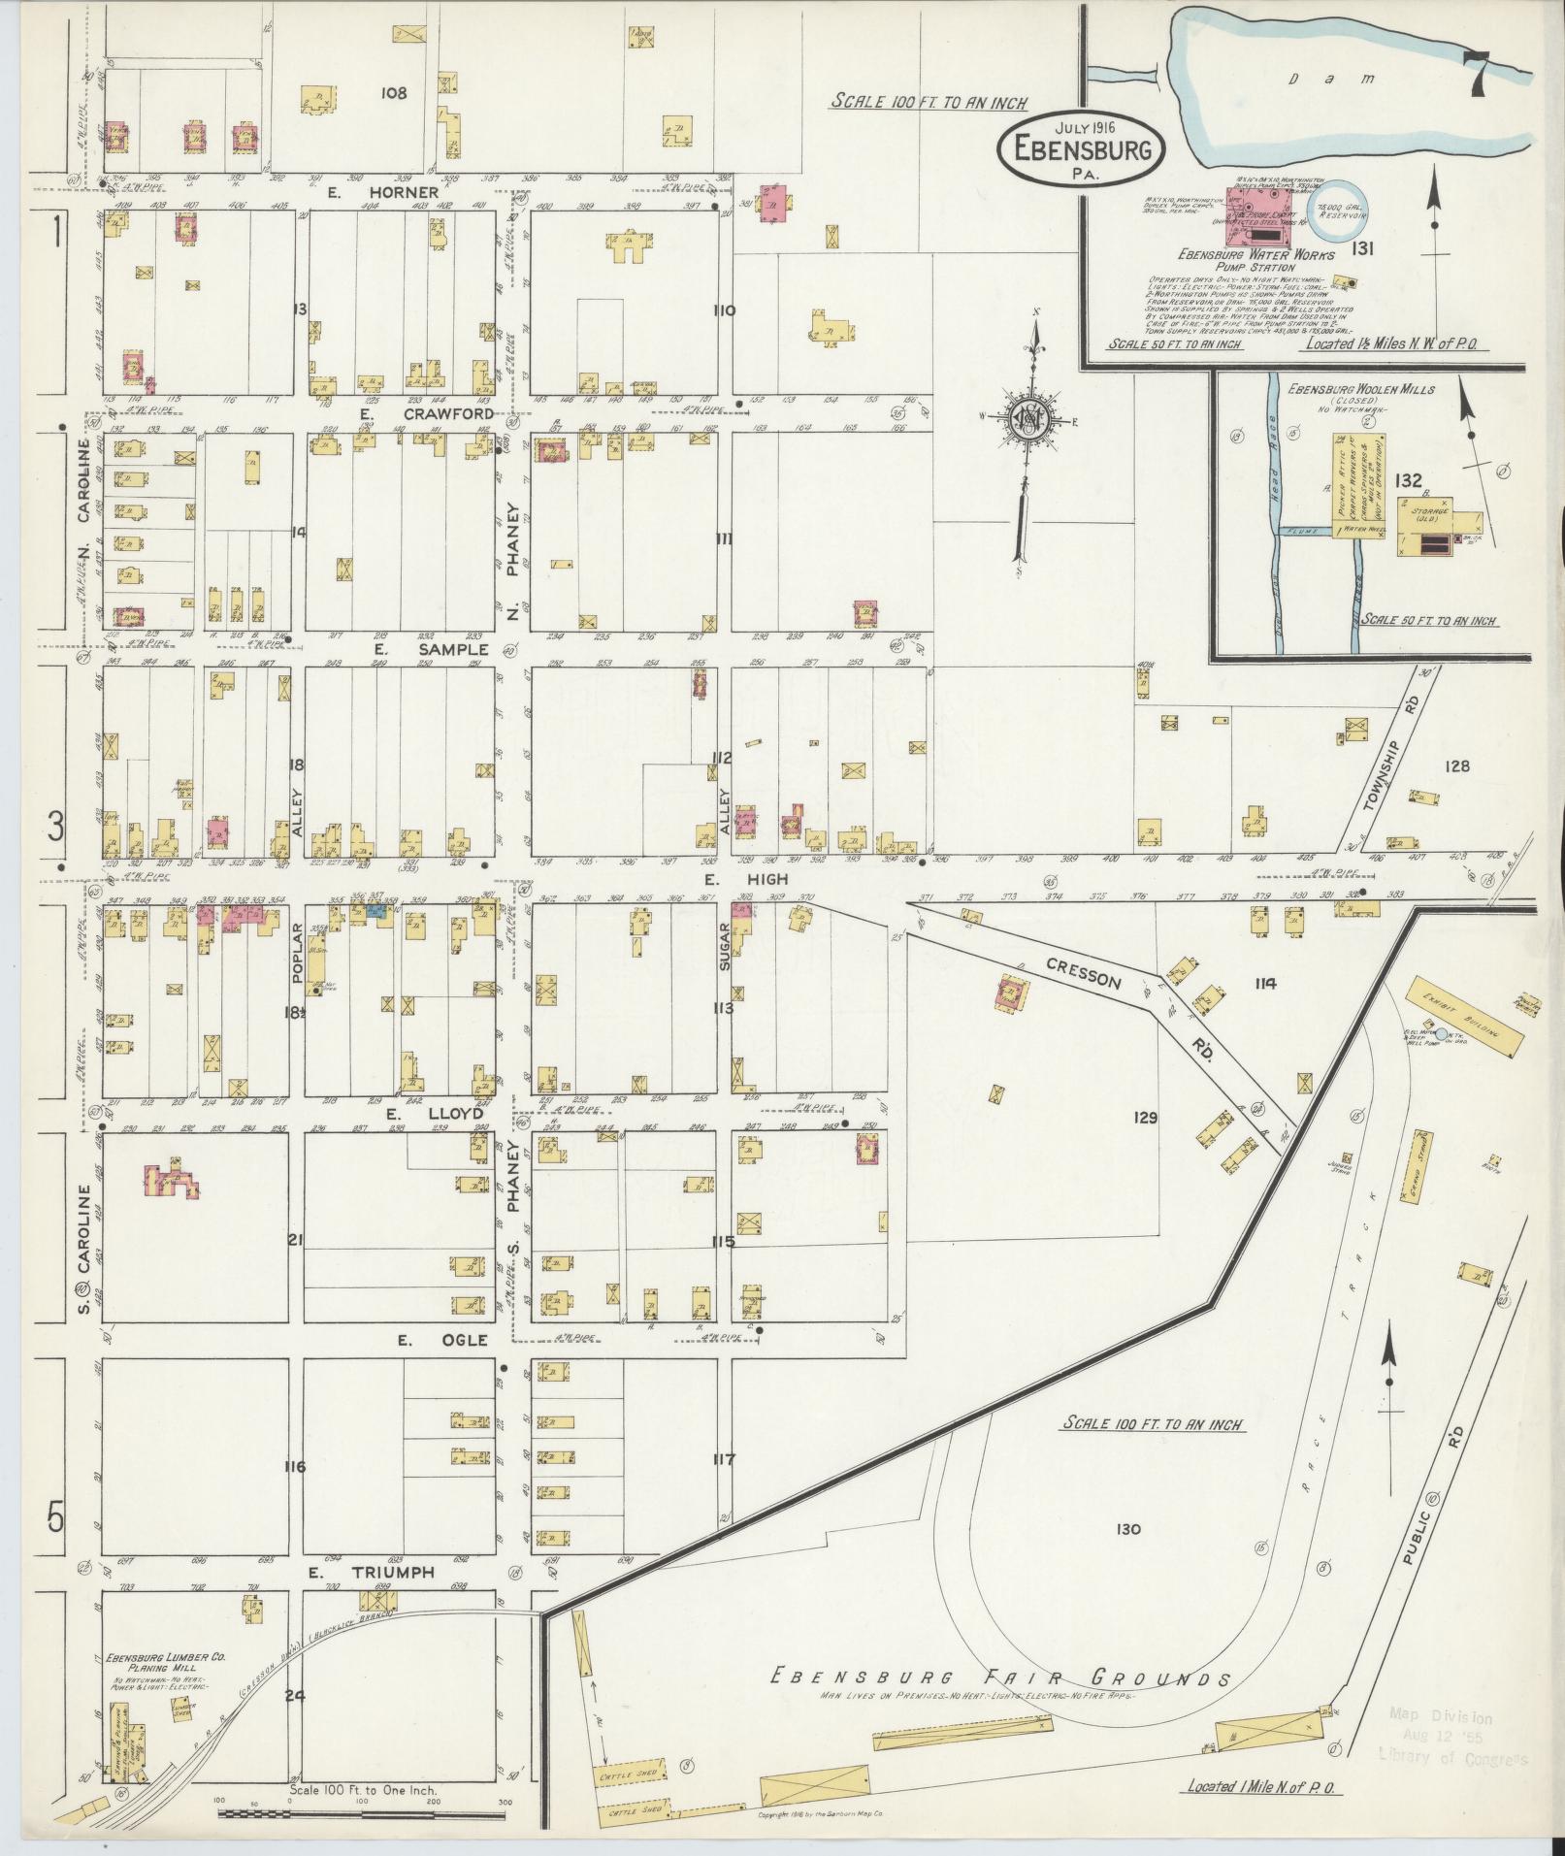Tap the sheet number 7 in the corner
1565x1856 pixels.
click(1479, 73)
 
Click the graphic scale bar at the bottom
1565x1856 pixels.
click(363, 1812)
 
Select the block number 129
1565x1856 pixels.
click(1146, 1118)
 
